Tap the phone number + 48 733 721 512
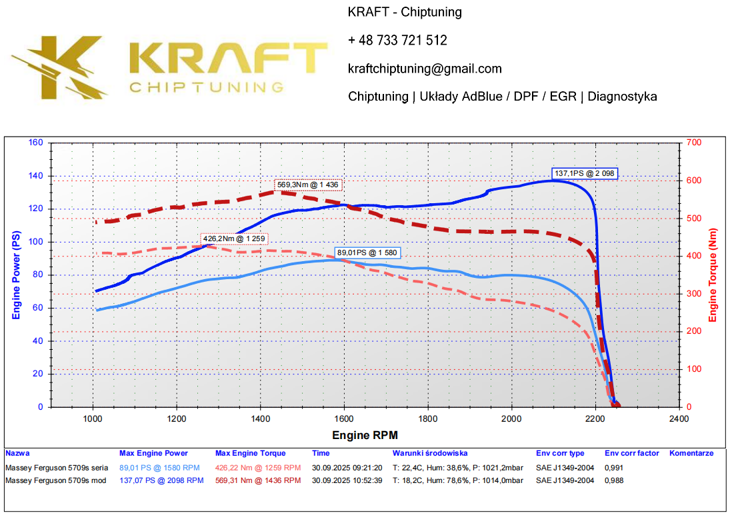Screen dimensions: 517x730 (397, 41)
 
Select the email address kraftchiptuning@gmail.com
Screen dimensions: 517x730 (425, 69)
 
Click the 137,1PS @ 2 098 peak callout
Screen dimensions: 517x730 (585, 173)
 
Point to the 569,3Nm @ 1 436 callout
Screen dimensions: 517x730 (309, 185)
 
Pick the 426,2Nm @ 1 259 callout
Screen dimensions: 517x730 (235, 238)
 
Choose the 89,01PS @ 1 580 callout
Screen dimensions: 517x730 (368, 253)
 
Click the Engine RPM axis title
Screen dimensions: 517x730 (365, 435)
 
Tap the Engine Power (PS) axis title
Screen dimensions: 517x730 (16, 275)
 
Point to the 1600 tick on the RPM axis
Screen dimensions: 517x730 (344, 418)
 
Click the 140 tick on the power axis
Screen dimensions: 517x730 (35, 176)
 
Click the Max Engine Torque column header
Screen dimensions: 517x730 (250, 453)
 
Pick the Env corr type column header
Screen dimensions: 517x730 (560, 453)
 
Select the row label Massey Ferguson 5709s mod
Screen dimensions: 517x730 (55, 480)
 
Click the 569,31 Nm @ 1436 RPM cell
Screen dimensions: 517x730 (258, 480)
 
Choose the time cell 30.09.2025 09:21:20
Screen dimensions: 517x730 (347, 468)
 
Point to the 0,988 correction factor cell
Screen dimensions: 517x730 (615, 480)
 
